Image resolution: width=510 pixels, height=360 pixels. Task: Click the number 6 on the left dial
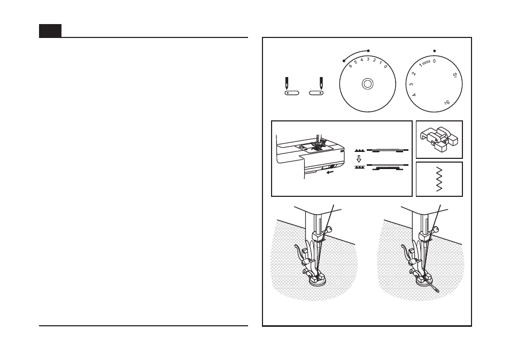[350, 65]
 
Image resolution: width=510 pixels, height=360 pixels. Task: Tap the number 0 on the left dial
[385, 66]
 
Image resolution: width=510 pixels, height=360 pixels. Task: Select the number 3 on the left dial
[368, 59]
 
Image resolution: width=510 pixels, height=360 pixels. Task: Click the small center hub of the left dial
[367, 83]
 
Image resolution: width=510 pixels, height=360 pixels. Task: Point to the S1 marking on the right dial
[454, 75]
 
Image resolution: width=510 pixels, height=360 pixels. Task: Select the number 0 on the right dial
[434, 61]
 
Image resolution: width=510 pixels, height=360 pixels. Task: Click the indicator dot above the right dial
[434, 51]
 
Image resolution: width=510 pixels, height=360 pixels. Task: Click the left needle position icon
[290, 87]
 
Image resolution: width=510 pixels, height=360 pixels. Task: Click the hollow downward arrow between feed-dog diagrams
[359, 159]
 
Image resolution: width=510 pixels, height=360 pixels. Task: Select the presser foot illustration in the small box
[439, 139]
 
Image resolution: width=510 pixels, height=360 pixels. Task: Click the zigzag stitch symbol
[439, 179]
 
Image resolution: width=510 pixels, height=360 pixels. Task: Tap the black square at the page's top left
[50, 31]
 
